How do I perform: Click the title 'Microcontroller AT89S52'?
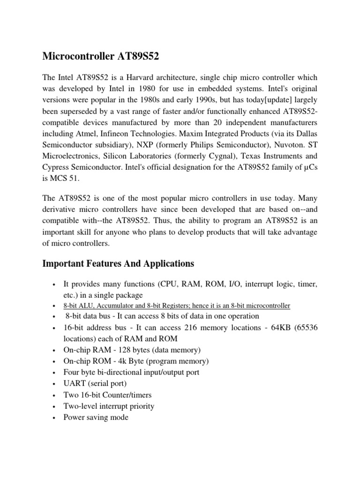[101, 57]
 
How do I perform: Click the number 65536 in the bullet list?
[305, 328]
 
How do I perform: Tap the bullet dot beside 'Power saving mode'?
[55, 418]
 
